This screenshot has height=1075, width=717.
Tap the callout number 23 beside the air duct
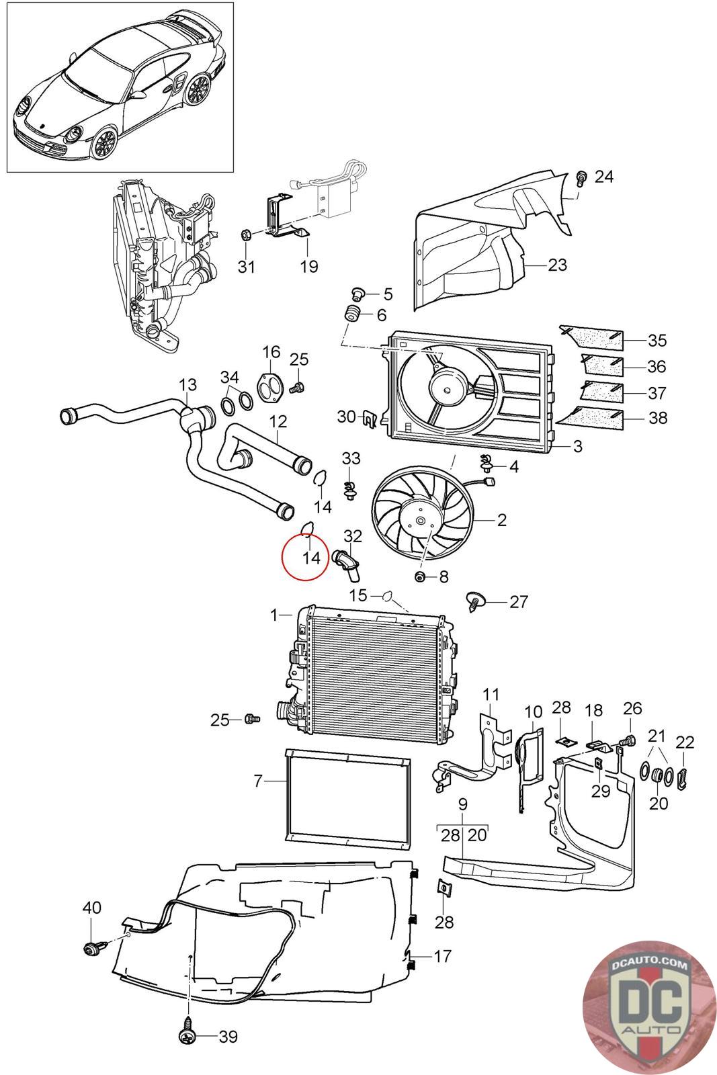pos(556,265)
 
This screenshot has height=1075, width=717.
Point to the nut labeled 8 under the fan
pos(419,576)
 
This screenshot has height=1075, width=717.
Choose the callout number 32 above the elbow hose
pos(353,535)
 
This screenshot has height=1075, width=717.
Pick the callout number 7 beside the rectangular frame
pos(258,781)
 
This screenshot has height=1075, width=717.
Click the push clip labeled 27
pos(474,601)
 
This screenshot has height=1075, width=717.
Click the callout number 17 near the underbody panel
pos(442,956)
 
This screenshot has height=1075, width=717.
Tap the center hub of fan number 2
pos(421,521)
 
